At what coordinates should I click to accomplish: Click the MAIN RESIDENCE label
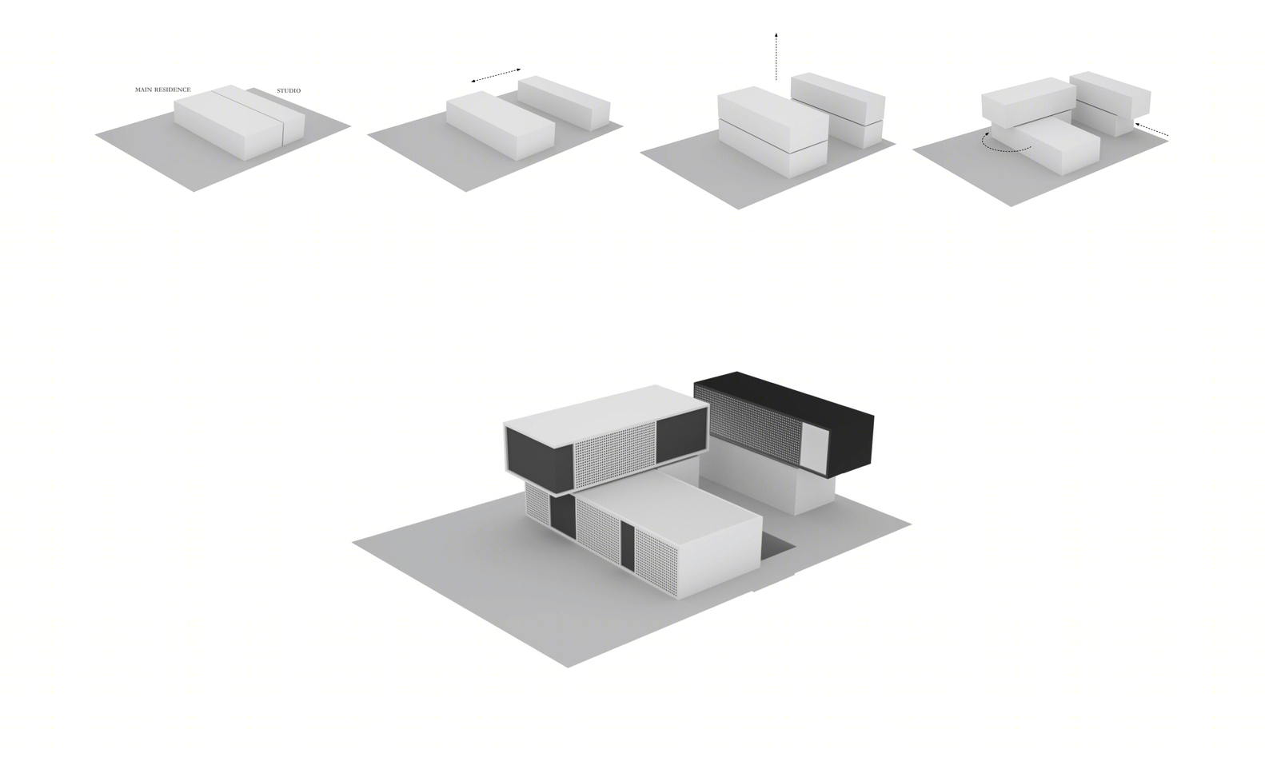point(162,90)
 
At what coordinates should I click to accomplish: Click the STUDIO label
point(289,90)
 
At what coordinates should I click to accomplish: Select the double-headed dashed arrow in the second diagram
point(496,76)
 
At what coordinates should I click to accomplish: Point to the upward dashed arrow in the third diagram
point(776,57)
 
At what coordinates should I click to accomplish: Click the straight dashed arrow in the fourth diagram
point(1151,130)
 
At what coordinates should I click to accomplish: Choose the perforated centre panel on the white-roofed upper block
point(615,455)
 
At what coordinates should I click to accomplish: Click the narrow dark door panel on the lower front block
point(628,545)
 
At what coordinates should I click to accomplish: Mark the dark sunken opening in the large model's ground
point(776,548)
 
